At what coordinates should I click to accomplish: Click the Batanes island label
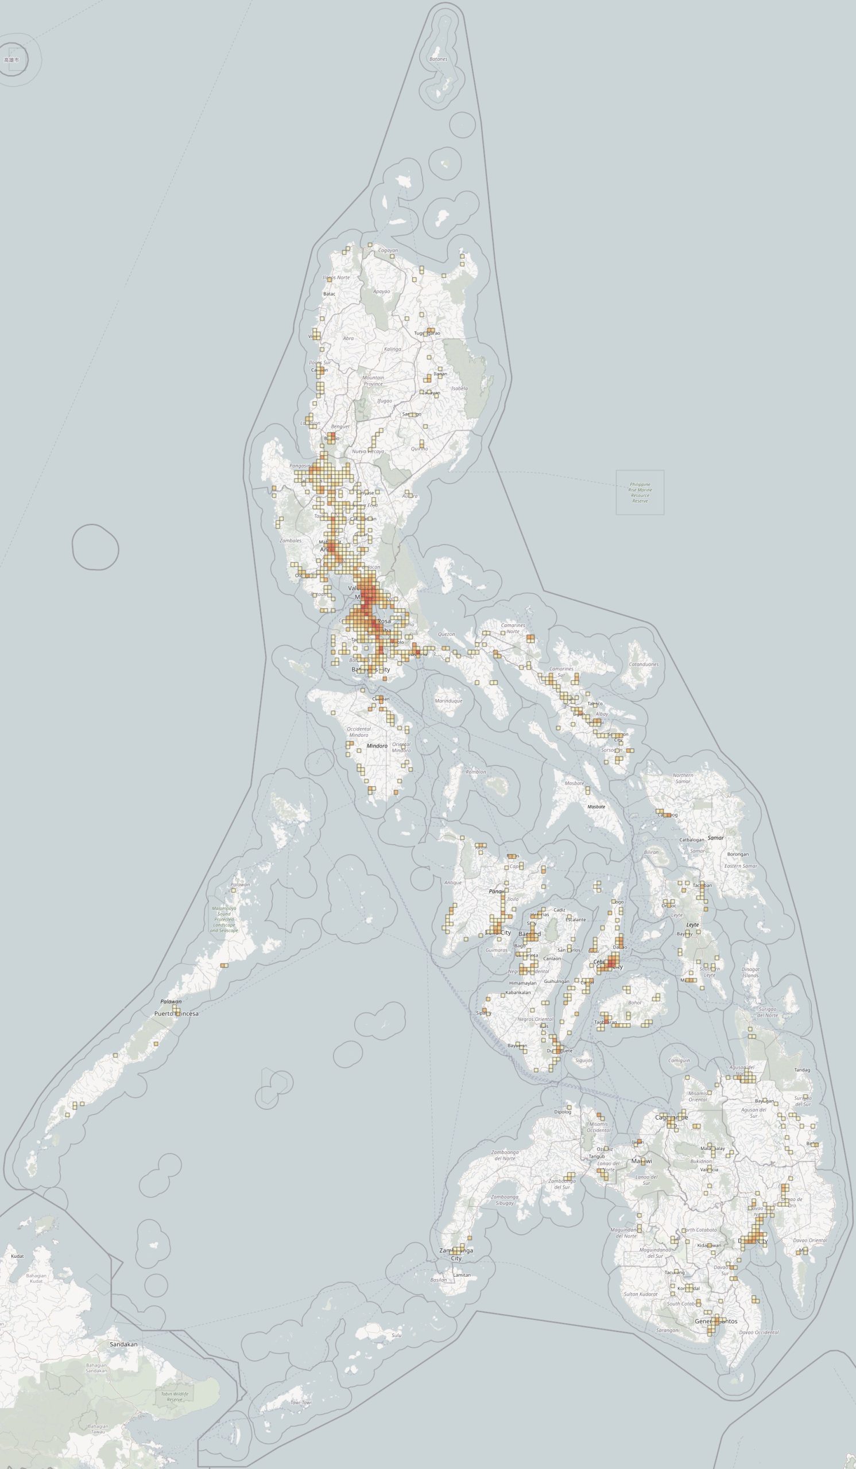click(x=438, y=59)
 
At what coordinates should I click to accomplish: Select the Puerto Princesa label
click(x=176, y=1014)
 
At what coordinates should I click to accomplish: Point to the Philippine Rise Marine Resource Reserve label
click(x=640, y=492)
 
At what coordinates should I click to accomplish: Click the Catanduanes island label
click(x=644, y=664)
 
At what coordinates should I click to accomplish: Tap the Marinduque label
click(x=448, y=701)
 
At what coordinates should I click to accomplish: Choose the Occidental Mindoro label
click(x=359, y=732)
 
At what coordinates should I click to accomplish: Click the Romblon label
click(x=476, y=772)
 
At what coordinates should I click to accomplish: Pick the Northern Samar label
click(x=683, y=778)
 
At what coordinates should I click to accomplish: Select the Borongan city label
click(x=738, y=854)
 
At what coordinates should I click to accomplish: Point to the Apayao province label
click(x=381, y=291)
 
